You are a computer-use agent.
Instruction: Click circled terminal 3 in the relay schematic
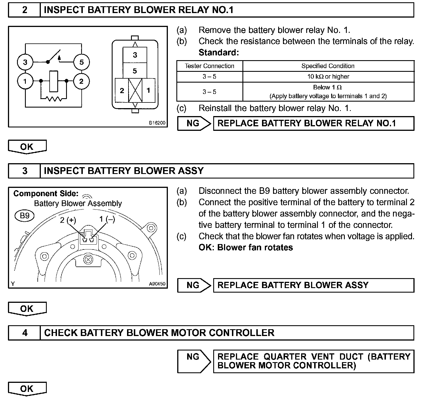click(x=25, y=62)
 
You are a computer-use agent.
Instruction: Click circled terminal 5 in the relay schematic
click(x=81, y=62)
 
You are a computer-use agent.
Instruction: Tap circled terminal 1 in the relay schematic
click(x=25, y=81)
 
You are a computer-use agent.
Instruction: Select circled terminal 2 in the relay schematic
click(x=81, y=81)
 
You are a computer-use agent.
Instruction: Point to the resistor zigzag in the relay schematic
click(x=54, y=99)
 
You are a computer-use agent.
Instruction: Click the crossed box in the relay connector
click(x=135, y=90)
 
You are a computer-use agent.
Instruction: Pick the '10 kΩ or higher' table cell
click(x=328, y=77)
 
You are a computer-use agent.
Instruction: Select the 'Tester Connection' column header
click(x=210, y=66)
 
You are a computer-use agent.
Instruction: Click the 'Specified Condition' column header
click(x=328, y=66)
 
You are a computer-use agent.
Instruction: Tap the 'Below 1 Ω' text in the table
click(x=327, y=87)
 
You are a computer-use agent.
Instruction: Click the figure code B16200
click(x=157, y=123)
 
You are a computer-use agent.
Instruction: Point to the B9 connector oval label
click(x=24, y=216)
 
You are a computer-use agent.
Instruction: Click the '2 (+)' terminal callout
click(x=68, y=220)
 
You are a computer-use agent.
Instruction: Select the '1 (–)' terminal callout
click(x=107, y=219)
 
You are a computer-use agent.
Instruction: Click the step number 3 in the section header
click(x=25, y=171)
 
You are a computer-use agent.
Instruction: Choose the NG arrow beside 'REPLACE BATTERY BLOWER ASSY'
click(x=194, y=285)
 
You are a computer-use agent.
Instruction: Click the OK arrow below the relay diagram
click(x=27, y=147)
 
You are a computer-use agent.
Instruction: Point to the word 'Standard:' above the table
click(x=219, y=53)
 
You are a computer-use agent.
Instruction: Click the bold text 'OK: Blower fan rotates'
click(x=246, y=247)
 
